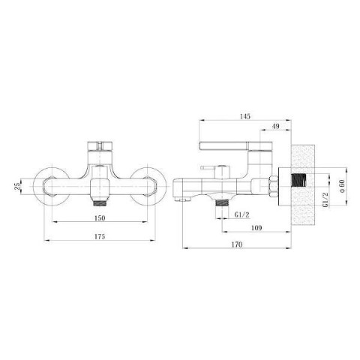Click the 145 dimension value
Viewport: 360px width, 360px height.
[x=245, y=116]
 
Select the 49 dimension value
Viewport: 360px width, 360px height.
[x=275, y=126]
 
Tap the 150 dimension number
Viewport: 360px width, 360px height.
[x=100, y=218]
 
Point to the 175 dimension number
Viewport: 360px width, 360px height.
[x=100, y=236]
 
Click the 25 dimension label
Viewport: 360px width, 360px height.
[x=17, y=187]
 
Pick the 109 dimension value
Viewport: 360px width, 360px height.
[x=256, y=228]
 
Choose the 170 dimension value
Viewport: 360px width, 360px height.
[x=237, y=244]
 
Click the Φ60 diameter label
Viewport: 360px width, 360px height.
[x=342, y=186]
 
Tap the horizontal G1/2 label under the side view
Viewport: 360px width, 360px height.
[x=242, y=214]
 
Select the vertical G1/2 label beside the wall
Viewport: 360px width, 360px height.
[x=325, y=199]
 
